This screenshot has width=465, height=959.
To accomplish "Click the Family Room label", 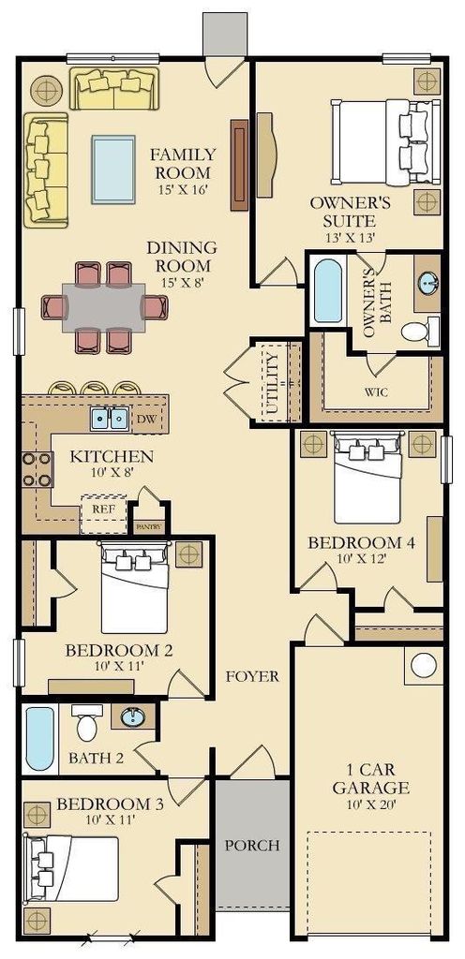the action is [183, 163].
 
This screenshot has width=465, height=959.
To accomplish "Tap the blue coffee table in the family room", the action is [113, 169].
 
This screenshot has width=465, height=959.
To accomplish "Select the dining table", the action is [103, 307].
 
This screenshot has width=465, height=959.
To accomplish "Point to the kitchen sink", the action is [110, 419].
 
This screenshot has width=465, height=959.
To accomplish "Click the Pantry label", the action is [150, 526].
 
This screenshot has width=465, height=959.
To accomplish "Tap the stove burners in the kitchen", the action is [37, 469].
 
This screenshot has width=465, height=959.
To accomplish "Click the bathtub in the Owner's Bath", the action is [327, 290].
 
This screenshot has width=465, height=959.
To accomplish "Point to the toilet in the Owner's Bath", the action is [420, 331].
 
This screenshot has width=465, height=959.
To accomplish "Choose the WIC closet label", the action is [376, 392].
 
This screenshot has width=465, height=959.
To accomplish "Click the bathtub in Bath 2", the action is [40, 738].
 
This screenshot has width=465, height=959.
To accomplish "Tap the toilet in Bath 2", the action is [87, 722].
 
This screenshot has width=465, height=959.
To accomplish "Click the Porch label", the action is [252, 846].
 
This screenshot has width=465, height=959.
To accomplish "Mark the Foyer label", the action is [252, 676].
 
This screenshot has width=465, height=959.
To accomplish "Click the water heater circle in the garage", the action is [424, 665].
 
